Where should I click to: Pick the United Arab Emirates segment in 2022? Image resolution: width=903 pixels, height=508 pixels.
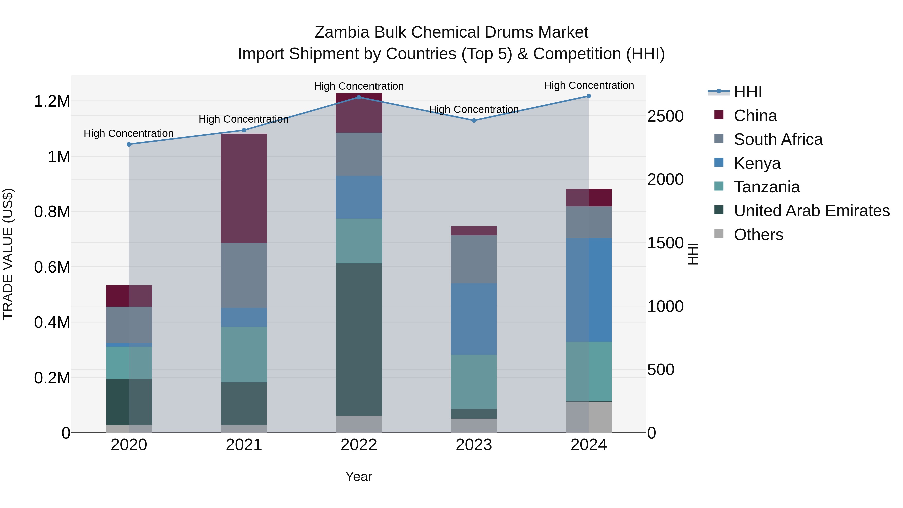(x=359, y=339)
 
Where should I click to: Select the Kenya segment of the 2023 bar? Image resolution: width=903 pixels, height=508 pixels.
(x=474, y=319)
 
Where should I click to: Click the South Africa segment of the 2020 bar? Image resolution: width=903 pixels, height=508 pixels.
(x=129, y=325)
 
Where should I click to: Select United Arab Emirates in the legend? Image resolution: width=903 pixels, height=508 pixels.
(x=811, y=211)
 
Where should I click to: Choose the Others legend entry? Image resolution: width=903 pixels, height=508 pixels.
(x=758, y=235)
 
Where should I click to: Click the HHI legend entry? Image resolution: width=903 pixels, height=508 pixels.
(x=747, y=92)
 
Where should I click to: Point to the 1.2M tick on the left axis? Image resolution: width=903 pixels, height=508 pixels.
(x=52, y=101)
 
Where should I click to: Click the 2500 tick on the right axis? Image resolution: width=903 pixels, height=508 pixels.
(x=665, y=116)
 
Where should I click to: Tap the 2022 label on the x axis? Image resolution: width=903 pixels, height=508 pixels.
(x=359, y=445)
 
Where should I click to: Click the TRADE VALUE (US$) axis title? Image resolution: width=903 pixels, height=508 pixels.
(x=8, y=254)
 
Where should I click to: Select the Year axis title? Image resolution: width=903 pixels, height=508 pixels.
(x=359, y=476)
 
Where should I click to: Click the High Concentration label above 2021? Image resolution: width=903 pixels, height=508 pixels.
(x=244, y=119)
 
